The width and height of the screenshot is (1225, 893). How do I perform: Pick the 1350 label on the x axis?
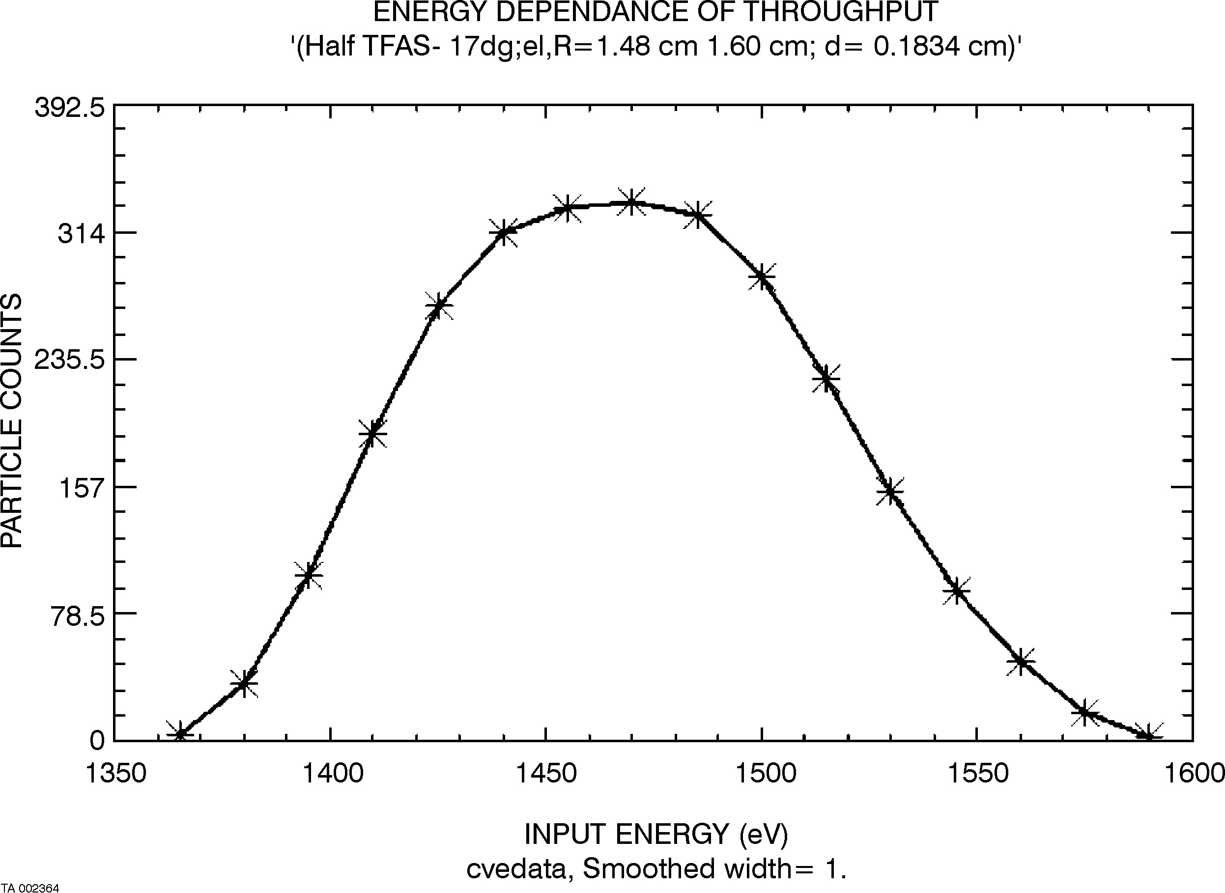(115, 774)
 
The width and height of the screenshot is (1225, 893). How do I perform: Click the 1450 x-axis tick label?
(546, 774)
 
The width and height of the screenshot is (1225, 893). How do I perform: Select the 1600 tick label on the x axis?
(1194, 774)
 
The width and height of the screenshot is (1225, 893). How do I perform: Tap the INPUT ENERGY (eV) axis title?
(656, 834)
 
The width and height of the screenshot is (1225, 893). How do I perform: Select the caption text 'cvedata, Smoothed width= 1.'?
(656, 868)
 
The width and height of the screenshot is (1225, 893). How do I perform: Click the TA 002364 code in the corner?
(30, 888)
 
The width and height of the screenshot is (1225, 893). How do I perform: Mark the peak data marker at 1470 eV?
(631, 203)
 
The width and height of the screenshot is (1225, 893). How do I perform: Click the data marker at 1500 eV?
(762, 277)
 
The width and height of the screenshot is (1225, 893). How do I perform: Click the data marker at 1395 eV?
(308, 575)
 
